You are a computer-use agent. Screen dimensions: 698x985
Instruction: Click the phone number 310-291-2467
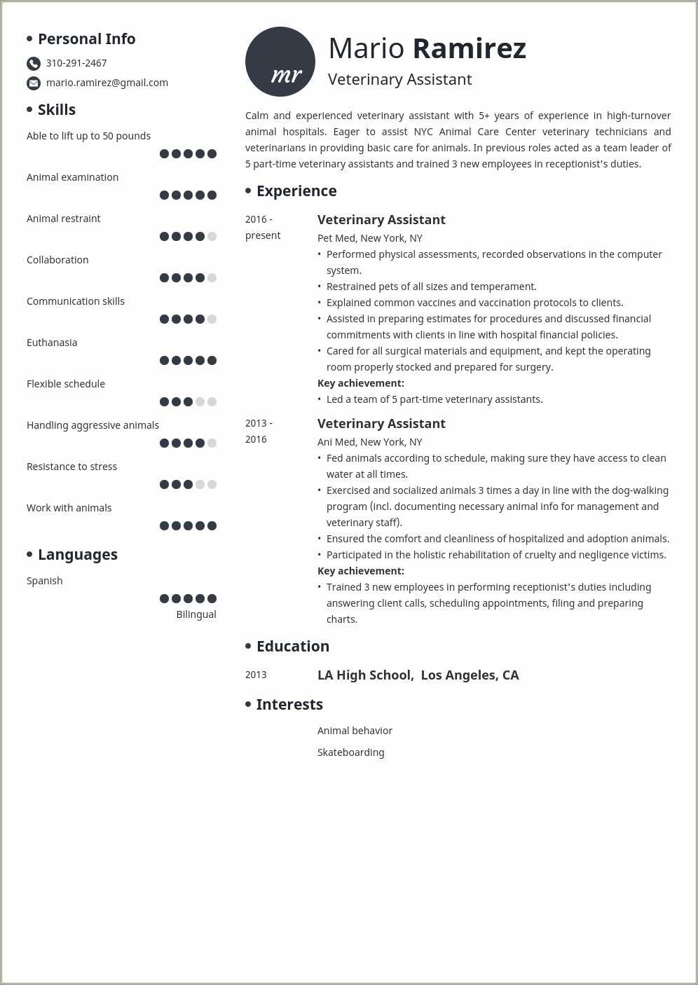tap(76, 63)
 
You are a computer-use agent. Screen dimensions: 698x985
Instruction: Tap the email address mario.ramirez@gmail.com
tap(107, 83)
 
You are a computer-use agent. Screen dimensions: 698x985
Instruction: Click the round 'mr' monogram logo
tap(280, 62)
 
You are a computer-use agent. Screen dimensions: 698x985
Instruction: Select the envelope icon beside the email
tap(34, 83)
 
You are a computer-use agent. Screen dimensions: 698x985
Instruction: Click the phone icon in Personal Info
tap(34, 64)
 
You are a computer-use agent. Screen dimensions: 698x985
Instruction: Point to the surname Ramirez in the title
tap(469, 48)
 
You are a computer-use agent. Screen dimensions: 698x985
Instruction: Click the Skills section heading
tap(57, 110)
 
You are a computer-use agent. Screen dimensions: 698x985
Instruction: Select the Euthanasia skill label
tap(52, 343)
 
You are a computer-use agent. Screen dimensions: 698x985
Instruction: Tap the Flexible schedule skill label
tap(66, 384)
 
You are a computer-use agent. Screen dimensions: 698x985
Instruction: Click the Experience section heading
tap(296, 191)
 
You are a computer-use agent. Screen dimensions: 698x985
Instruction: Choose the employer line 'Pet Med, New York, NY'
tap(370, 238)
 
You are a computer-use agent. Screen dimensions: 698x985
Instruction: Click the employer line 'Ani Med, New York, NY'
tap(370, 442)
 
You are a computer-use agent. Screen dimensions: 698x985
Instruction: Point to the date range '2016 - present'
tap(263, 227)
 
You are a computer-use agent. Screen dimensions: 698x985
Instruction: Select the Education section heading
tap(293, 647)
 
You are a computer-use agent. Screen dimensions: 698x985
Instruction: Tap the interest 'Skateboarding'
tap(351, 752)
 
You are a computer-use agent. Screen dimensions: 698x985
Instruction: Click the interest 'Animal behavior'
tap(355, 731)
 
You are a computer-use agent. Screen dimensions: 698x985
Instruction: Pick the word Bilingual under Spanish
tap(196, 614)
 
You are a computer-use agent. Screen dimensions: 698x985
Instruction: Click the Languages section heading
tap(78, 555)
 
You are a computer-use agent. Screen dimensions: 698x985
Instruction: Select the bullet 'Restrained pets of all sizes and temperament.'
tap(431, 287)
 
